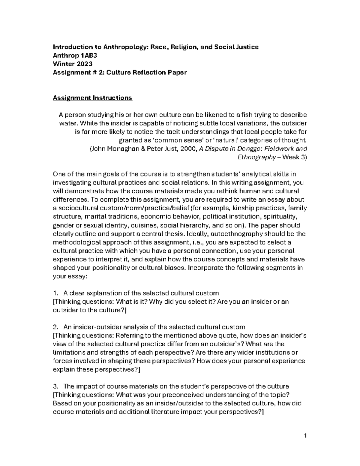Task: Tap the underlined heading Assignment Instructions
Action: pyautogui.click(x=92, y=98)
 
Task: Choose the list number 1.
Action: pyautogui.click(x=55, y=293)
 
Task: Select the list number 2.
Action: pyautogui.click(x=55, y=327)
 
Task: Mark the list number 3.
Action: pyautogui.click(x=55, y=386)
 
